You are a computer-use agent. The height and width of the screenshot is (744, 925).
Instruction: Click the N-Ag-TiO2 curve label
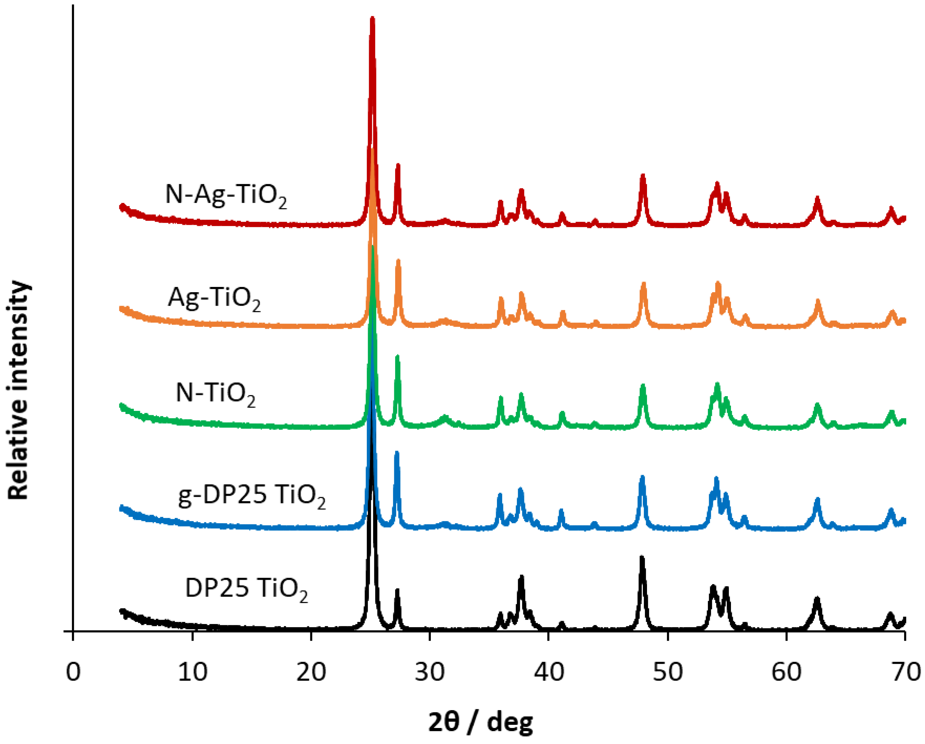pyautogui.click(x=226, y=195)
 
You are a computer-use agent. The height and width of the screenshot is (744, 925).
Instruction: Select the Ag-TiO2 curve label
pyautogui.click(x=214, y=298)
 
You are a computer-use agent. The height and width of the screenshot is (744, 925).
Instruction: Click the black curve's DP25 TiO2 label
pyautogui.click(x=246, y=589)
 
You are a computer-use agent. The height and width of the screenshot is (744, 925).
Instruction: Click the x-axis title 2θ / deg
pyautogui.click(x=481, y=722)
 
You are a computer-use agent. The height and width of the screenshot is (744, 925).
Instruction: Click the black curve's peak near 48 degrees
pyautogui.click(x=642, y=558)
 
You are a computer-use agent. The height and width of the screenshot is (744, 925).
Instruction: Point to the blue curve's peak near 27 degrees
pyautogui.click(x=397, y=453)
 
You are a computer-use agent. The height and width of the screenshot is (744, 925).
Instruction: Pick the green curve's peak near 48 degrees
pyautogui.click(x=643, y=386)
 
